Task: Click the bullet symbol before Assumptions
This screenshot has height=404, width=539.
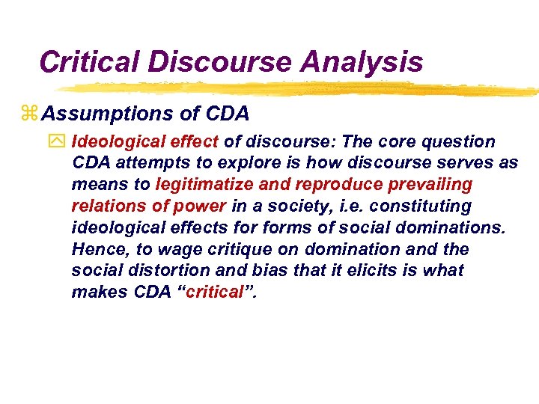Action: (30, 114)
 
